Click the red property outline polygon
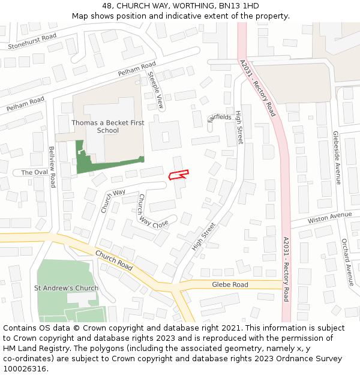pyautogui.click(x=178, y=175)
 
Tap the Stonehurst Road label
pyautogui.click(x=32, y=41)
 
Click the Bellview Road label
pyautogui.click(x=52, y=167)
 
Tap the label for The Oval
pyautogui.click(x=34, y=173)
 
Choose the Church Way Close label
pyautogui.click(x=153, y=211)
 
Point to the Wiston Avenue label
pyautogui.click(x=329, y=217)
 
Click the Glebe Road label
pyautogui.click(x=230, y=284)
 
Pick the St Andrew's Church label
pyautogui.click(x=66, y=288)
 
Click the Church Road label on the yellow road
pyautogui.click(x=113, y=260)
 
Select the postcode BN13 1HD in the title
pyautogui.click(x=238, y=6)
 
